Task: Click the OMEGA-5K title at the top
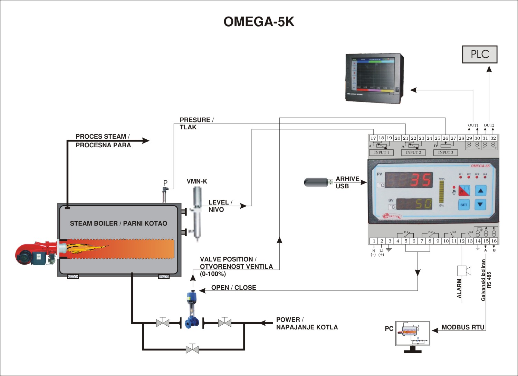coord(259,22)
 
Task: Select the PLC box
coord(480,54)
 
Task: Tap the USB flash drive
coord(316,182)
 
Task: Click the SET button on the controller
coord(463,205)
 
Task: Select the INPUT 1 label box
coord(381,152)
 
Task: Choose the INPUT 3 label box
coord(445,152)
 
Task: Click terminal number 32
coord(493,138)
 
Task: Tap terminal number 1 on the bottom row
coord(374,241)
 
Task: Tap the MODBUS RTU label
coord(463,327)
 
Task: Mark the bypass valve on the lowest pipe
coord(192,349)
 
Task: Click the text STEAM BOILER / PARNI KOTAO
coord(118,224)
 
